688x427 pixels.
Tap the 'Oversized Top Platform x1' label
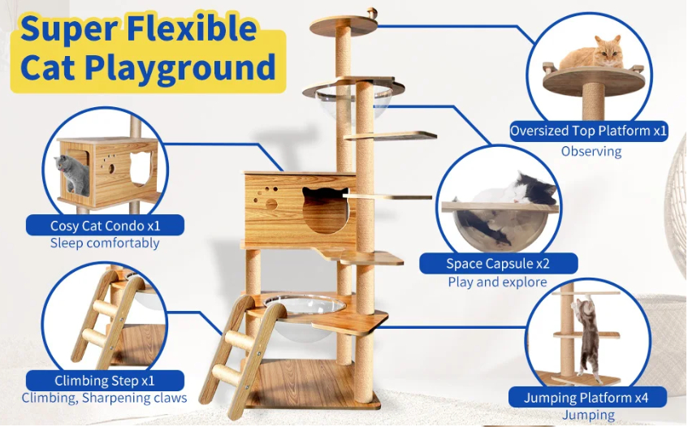coord(589,132)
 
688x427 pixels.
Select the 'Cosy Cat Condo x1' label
coord(105,226)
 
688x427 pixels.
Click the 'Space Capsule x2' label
coord(498,263)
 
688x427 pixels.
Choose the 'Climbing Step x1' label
coord(105,380)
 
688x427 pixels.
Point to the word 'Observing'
coord(591,151)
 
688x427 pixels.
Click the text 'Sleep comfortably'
coord(105,243)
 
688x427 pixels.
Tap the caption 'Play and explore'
coord(497,283)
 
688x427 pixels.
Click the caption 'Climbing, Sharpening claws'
coord(105,398)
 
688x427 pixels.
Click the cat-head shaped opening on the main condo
coord(318,209)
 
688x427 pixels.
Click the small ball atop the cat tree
coord(374,12)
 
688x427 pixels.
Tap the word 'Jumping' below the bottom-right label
coord(589,416)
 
